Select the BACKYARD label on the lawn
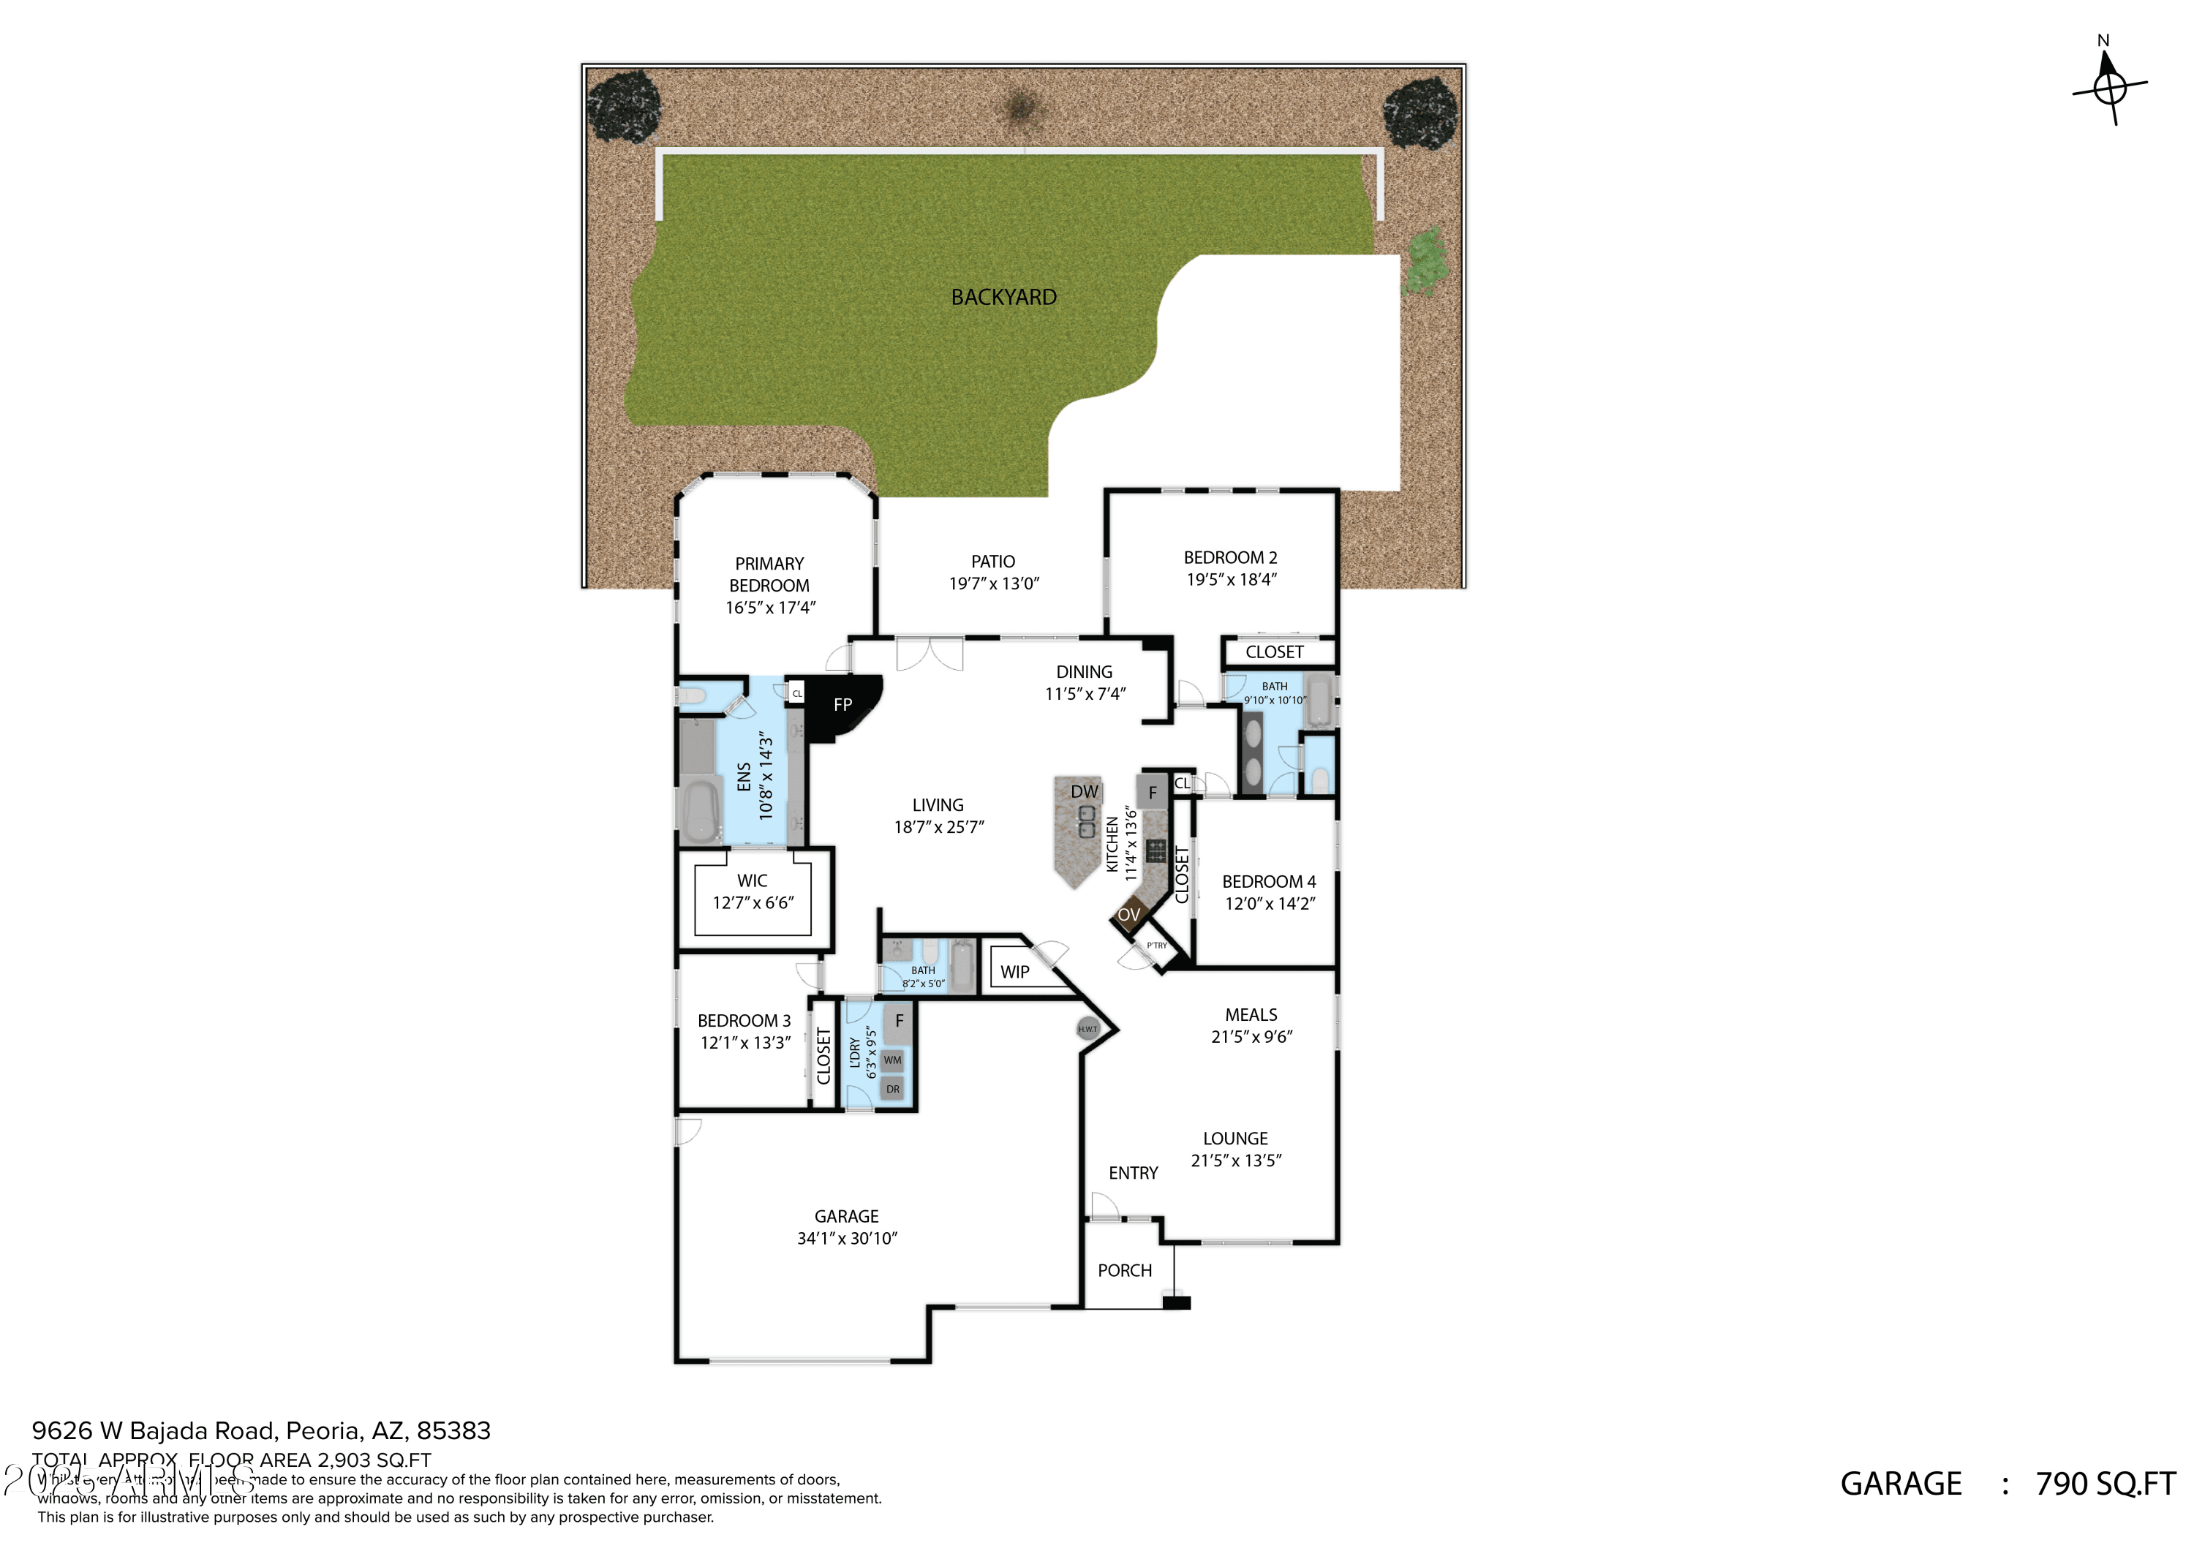point(1003,297)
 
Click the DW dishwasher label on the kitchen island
point(1084,791)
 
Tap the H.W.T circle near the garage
point(1087,1029)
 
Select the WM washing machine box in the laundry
point(892,1060)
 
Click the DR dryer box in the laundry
point(892,1088)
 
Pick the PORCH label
point(1125,1270)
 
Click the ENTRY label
point(1134,1172)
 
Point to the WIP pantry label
point(1015,972)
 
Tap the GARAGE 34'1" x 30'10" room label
point(847,1227)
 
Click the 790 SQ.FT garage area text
point(2105,1483)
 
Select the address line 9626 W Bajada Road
point(261,1430)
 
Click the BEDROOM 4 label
point(1269,891)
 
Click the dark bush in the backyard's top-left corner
point(624,105)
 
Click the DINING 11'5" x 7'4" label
point(1085,682)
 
